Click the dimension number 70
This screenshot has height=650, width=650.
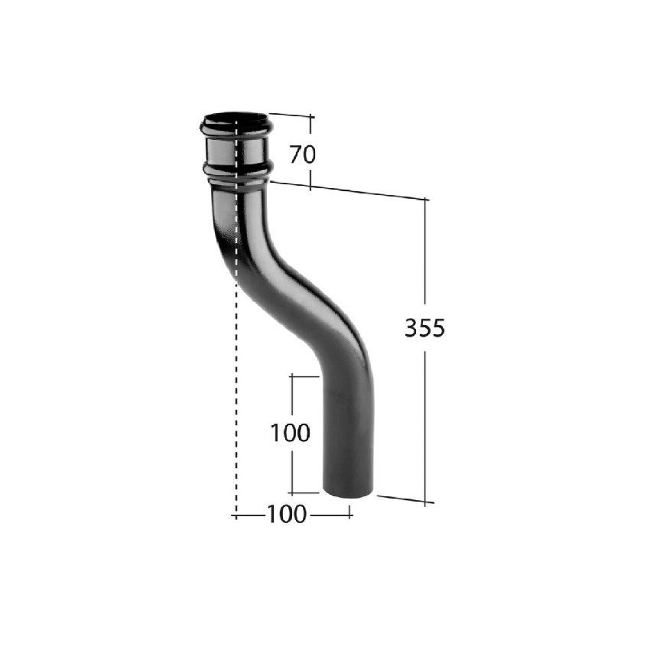click(302, 154)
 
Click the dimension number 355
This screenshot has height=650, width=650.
click(424, 328)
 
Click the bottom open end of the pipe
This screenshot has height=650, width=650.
click(348, 493)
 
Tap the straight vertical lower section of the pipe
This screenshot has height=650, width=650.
click(348, 431)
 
